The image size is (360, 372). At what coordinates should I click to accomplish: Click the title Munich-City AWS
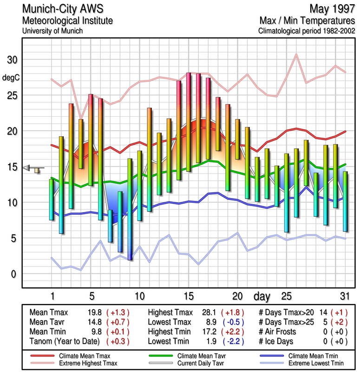pos(63,9)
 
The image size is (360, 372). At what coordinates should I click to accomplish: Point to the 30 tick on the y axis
pos(12,60)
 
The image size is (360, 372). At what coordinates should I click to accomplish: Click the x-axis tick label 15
pos(188,296)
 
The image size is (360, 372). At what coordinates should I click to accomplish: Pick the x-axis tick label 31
pos(344,296)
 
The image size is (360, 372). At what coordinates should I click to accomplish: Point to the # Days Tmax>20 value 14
pos(322,312)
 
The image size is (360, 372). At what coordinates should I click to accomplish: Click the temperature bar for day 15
pos(189,122)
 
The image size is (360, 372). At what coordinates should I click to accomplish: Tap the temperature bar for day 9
pos(130,209)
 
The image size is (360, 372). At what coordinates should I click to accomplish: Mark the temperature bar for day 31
pos(345,201)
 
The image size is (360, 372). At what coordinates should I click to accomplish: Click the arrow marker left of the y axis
pos(28,168)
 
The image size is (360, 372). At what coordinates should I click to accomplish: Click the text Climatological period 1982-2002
pos(307,31)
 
